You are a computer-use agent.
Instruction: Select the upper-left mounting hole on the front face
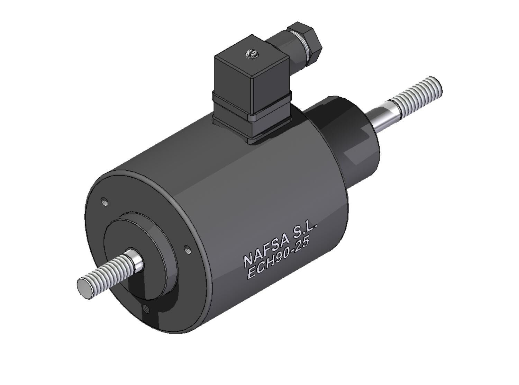click(104, 201)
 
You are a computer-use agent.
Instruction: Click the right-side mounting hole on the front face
click(187, 249)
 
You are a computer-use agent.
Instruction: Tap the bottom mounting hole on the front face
click(146, 308)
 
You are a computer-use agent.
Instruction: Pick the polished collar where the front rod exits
click(135, 260)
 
